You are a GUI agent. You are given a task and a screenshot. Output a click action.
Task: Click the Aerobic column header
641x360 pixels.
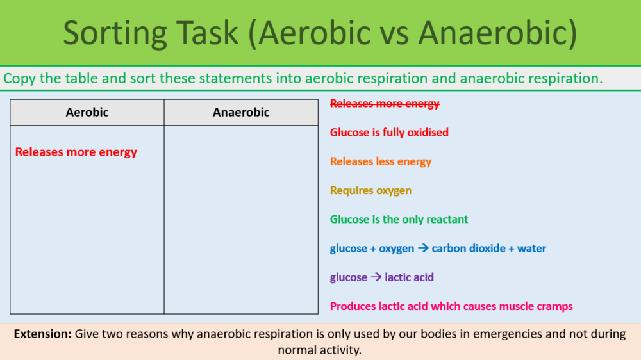(x=87, y=112)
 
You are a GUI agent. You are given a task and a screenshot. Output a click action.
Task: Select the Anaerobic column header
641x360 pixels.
(x=241, y=112)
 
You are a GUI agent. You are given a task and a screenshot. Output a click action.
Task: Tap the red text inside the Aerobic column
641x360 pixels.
(x=76, y=152)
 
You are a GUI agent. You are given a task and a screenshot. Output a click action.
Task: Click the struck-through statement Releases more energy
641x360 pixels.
(x=385, y=104)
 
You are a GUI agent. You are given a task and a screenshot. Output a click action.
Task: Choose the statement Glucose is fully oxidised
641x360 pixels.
(x=389, y=133)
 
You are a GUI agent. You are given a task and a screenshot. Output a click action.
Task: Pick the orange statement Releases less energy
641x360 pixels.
(x=381, y=161)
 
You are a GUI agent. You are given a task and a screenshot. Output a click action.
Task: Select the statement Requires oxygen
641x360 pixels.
(x=370, y=190)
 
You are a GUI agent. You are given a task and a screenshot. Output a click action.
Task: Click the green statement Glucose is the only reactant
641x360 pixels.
(x=399, y=219)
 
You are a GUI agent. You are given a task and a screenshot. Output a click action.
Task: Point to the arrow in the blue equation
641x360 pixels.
(x=423, y=248)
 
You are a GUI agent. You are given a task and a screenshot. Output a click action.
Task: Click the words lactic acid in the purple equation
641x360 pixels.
(x=409, y=277)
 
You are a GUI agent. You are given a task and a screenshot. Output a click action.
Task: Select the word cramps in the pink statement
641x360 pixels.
(x=556, y=306)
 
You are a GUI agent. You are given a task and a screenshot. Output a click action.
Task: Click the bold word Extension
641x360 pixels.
(x=42, y=334)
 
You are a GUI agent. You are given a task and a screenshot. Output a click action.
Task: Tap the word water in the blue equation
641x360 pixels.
(x=531, y=248)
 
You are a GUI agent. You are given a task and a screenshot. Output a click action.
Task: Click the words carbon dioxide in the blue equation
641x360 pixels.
(x=469, y=248)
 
